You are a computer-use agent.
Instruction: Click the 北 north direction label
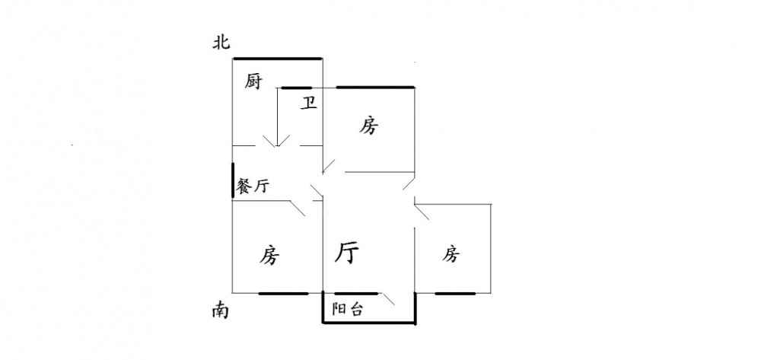point(221,43)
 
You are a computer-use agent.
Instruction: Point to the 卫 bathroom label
point(308,103)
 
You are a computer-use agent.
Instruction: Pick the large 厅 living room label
point(348,253)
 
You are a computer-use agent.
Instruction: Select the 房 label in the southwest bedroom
point(267,256)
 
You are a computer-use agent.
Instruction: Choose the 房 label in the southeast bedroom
point(451,253)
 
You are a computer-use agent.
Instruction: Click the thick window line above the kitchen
point(278,59)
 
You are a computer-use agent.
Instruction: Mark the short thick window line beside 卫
point(297,88)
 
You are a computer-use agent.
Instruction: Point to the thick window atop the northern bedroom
point(376,88)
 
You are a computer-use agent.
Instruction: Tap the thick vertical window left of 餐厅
point(233,182)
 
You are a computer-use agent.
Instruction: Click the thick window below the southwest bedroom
point(283,293)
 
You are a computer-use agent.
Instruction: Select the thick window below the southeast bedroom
point(455,293)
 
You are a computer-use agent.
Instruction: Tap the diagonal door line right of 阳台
point(387,301)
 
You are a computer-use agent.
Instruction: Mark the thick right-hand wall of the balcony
point(416,308)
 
